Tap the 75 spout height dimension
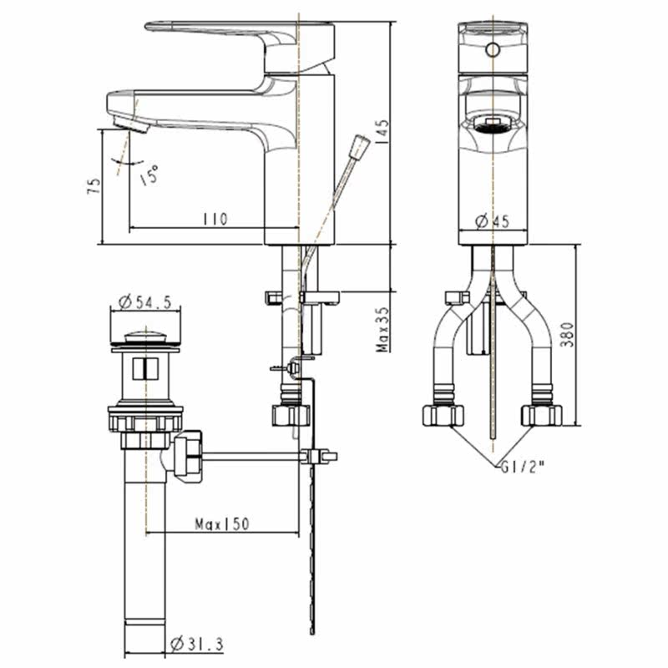tap(94, 185)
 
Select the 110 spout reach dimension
tap(215, 220)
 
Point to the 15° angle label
tap(149, 175)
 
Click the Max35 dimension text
tap(382, 330)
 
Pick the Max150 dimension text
tap(221, 524)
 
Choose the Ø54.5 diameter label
tap(144, 301)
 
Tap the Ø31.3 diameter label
tap(196, 645)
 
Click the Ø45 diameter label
tap(492, 221)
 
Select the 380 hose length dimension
tap(567, 335)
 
